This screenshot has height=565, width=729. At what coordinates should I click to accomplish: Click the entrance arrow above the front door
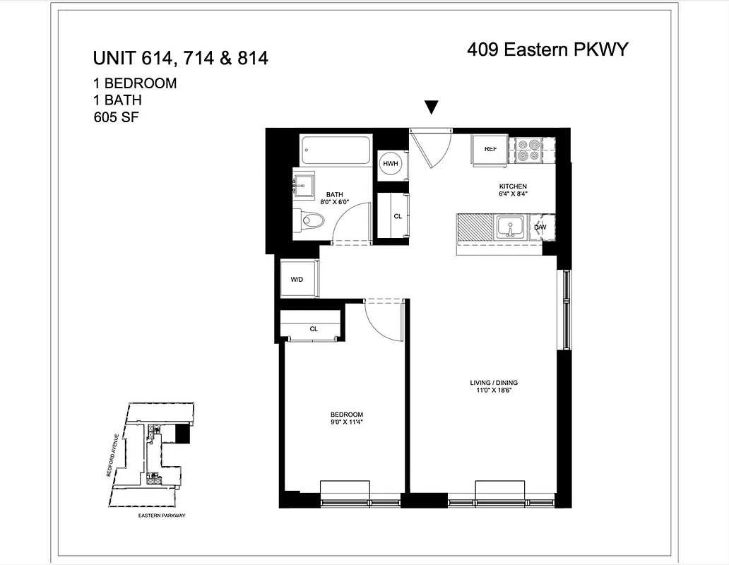(x=432, y=107)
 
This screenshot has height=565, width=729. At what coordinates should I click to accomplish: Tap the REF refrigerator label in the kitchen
(x=490, y=149)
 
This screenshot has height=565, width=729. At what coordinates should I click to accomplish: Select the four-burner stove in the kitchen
(x=528, y=150)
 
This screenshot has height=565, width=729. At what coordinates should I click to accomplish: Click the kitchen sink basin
(x=509, y=228)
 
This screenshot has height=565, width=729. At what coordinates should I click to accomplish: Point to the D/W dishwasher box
(x=540, y=227)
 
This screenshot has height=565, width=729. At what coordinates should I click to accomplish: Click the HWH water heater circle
(x=390, y=164)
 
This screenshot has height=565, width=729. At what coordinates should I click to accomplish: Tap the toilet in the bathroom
(x=309, y=220)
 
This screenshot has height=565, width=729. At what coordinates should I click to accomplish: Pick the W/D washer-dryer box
(x=297, y=280)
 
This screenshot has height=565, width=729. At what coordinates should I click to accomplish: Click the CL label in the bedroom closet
(x=314, y=328)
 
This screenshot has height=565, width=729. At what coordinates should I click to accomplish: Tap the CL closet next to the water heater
(x=397, y=216)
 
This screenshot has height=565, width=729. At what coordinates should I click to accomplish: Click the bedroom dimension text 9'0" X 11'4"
(x=346, y=422)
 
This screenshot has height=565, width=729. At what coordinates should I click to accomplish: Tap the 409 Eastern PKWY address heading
(x=547, y=49)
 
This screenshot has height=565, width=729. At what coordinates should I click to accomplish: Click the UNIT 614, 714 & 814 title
(x=181, y=58)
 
